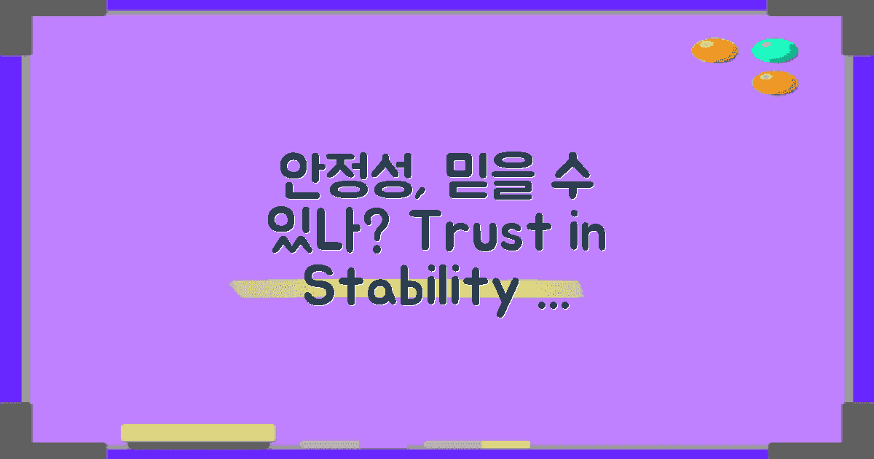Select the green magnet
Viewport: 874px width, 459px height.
click(774, 50)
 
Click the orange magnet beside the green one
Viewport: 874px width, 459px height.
click(714, 50)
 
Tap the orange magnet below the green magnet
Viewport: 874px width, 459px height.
click(774, 82)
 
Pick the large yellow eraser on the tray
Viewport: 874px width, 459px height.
click(197, 433)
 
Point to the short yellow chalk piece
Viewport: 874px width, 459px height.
click(505, 444)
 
